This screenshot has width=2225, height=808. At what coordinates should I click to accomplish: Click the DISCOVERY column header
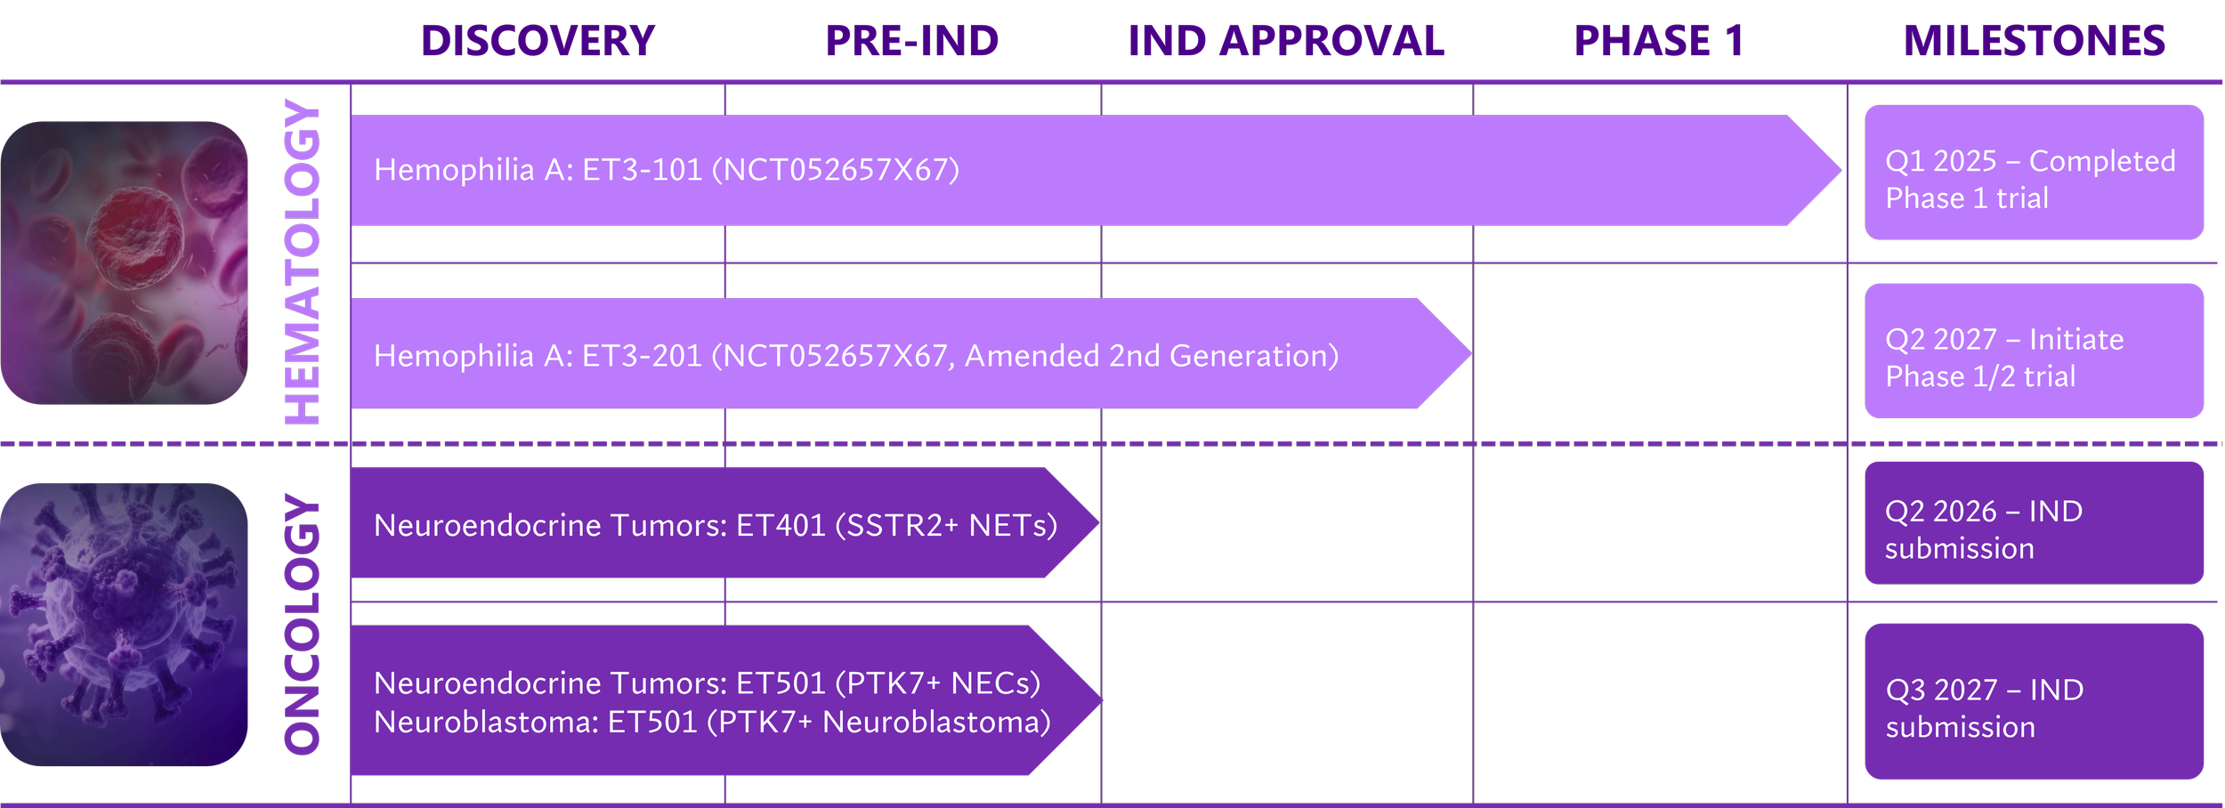(538, 41)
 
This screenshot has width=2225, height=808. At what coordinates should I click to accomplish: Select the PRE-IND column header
(911, 41)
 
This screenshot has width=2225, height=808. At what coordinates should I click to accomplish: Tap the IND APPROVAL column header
(1286, 41)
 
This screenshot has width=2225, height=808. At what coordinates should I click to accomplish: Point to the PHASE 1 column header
(1658, 41)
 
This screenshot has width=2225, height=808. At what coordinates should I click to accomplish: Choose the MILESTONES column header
(2034, 41)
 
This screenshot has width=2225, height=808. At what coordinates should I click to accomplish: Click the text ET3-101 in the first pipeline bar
(642, 170)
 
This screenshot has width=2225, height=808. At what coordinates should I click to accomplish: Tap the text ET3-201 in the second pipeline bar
(642, 356)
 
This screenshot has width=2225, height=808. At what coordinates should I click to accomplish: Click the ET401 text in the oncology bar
(781, 526)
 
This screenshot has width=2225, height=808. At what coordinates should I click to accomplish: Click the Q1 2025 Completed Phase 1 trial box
(2034, 173)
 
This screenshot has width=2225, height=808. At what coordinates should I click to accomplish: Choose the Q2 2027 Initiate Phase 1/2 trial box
(2034, 351)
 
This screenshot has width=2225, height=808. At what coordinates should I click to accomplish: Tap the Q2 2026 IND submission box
(2034, 523)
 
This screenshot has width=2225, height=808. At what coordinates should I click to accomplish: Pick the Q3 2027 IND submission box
(2034, 702)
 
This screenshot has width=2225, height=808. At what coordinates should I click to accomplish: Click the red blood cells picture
(125, 263)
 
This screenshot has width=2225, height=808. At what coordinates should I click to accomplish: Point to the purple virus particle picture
(125, 625)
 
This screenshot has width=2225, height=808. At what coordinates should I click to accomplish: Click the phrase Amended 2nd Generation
(1152, 356)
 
